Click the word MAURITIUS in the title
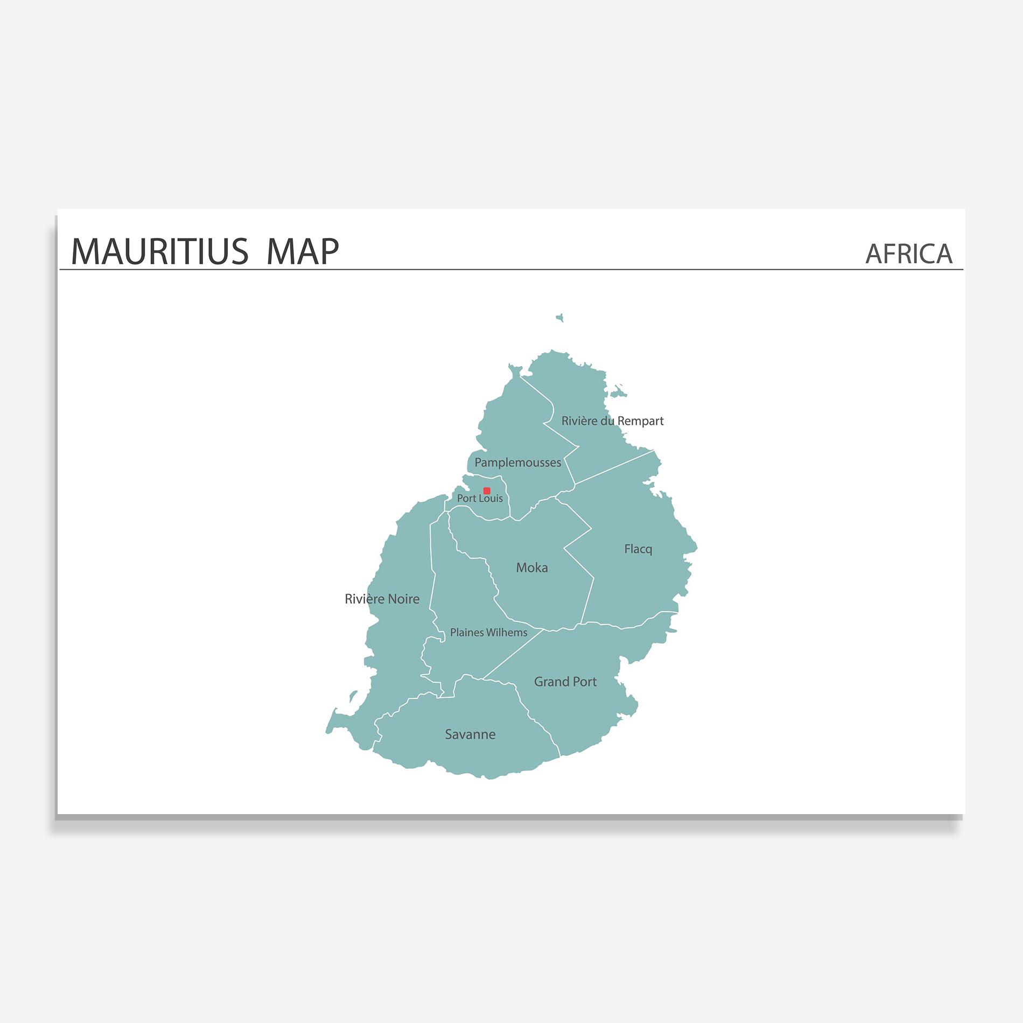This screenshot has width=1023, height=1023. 159,251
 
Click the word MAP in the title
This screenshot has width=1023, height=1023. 303,251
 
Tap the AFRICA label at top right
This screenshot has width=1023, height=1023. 908,254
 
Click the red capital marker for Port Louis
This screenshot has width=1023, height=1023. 487,491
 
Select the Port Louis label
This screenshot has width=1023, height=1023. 480,499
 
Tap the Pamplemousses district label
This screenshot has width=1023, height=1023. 517,463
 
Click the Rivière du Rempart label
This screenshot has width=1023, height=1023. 612,421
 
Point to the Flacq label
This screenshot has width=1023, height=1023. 638,549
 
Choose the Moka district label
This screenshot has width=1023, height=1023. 532,567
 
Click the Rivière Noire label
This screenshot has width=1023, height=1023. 382,599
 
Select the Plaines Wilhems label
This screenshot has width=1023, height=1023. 488,633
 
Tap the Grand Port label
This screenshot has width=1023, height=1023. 565,682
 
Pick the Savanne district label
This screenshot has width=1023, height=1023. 470,734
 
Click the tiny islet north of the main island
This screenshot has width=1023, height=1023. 560,318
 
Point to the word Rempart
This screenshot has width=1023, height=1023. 640,421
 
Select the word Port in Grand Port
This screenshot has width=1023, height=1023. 585,682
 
